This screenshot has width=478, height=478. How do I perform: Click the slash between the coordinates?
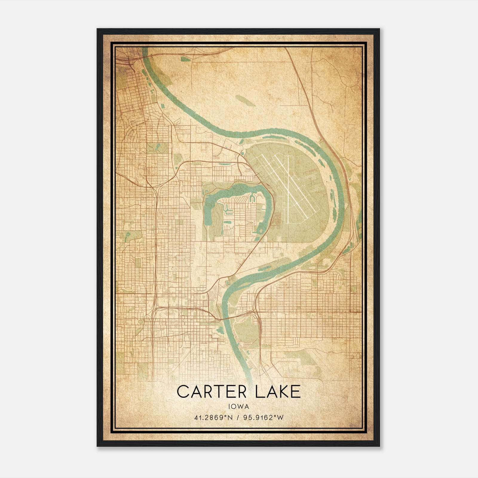coord(238,418)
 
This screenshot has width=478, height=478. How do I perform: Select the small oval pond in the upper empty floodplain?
coord(245,101)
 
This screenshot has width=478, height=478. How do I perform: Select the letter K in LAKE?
coord(281,392)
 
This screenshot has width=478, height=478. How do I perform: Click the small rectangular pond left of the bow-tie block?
coord(228,223)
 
